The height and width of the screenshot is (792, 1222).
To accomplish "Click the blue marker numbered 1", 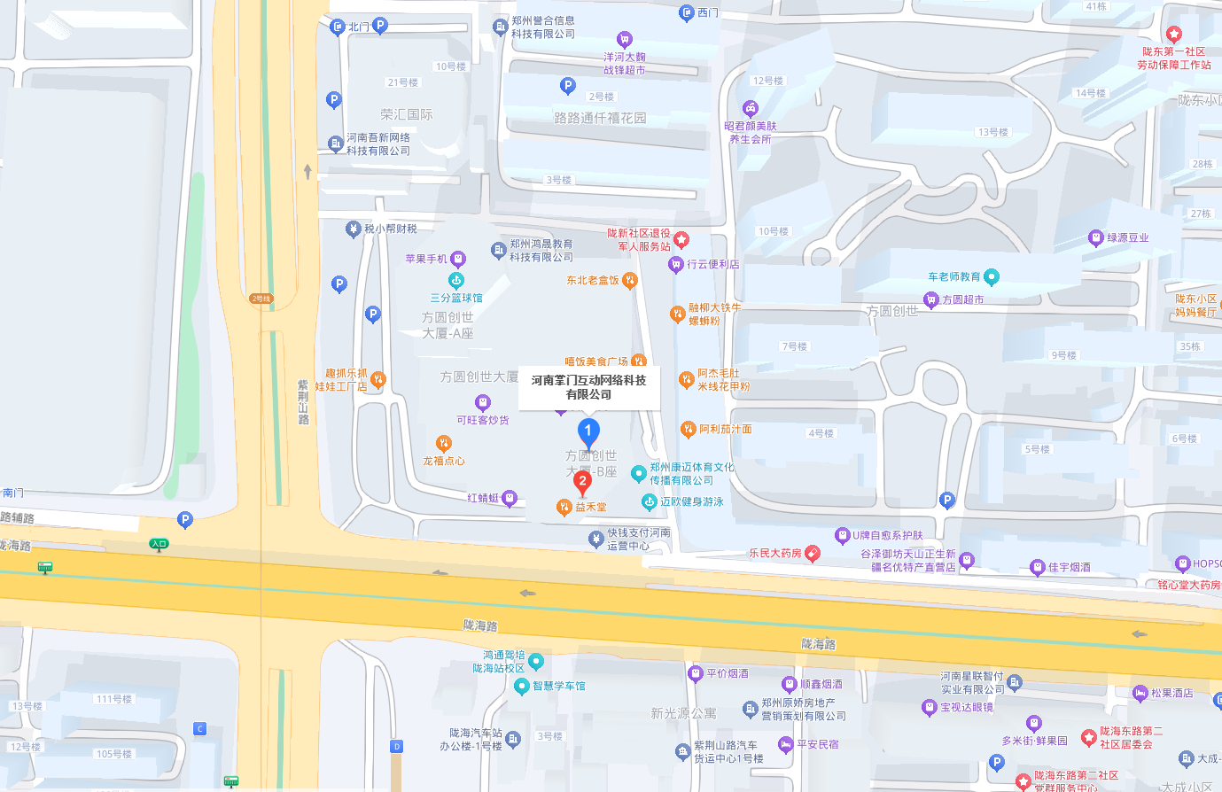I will (588, 432).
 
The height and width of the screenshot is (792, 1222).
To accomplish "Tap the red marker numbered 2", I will (582, 482).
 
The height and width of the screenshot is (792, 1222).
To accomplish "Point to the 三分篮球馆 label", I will (456, 299).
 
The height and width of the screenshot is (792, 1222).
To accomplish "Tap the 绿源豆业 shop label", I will (1126, 238).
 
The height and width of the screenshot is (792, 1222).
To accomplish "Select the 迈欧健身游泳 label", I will (690, 502).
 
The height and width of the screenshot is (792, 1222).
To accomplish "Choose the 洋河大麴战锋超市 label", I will (625, 63).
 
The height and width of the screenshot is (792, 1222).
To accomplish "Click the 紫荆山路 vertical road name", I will (303, 402).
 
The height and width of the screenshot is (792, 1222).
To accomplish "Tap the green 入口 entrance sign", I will (159, 544).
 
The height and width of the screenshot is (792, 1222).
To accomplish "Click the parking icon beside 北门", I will (380, 25).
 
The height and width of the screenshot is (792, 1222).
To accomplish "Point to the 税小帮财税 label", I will (389, 229).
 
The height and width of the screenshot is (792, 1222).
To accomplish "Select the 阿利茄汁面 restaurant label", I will (724, 430).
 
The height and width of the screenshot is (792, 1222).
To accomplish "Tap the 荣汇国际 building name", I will (407, 115).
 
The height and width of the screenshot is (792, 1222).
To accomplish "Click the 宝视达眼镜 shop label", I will (966, 708).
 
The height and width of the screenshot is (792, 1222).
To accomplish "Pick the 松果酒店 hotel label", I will (1171, 694).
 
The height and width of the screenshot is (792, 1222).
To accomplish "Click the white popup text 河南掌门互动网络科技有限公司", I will (588, 387).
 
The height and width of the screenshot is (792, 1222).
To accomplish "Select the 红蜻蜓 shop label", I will (483, 499).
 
